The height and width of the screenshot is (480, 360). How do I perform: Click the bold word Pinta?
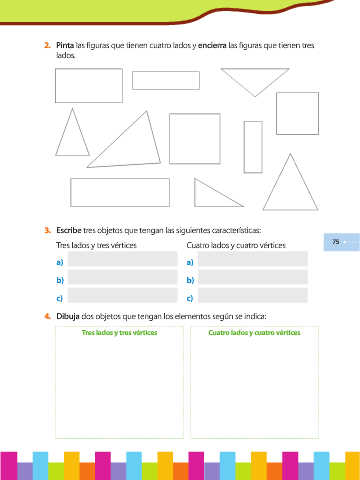(x=65, y=45)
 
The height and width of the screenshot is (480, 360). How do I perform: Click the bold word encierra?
(x=212, y=45)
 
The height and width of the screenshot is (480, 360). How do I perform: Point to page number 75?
(x=336, y=242)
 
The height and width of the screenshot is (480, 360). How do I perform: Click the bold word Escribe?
(x=69, y=230)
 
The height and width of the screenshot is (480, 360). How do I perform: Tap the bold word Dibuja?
(x=68, y=316)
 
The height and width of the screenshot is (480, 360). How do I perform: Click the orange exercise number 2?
(x=47, y=45)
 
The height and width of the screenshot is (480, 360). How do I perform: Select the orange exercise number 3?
(x=47, y=230)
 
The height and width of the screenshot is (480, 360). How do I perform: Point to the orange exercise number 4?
(x=47, y=316)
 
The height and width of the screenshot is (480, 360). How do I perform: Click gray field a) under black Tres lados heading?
(x=123, y=259)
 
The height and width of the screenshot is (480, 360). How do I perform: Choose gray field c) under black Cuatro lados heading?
(x=253, y=295)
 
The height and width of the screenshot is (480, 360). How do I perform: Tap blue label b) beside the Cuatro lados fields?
(x=190, y=280)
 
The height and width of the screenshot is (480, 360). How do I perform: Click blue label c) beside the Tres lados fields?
(x=60, y=298)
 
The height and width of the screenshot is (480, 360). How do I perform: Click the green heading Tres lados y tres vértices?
(x=119, y=333)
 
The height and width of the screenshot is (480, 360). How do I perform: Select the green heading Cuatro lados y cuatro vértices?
(x=254, y=333)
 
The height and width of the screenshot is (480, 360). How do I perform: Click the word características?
(x=236, y=230)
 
